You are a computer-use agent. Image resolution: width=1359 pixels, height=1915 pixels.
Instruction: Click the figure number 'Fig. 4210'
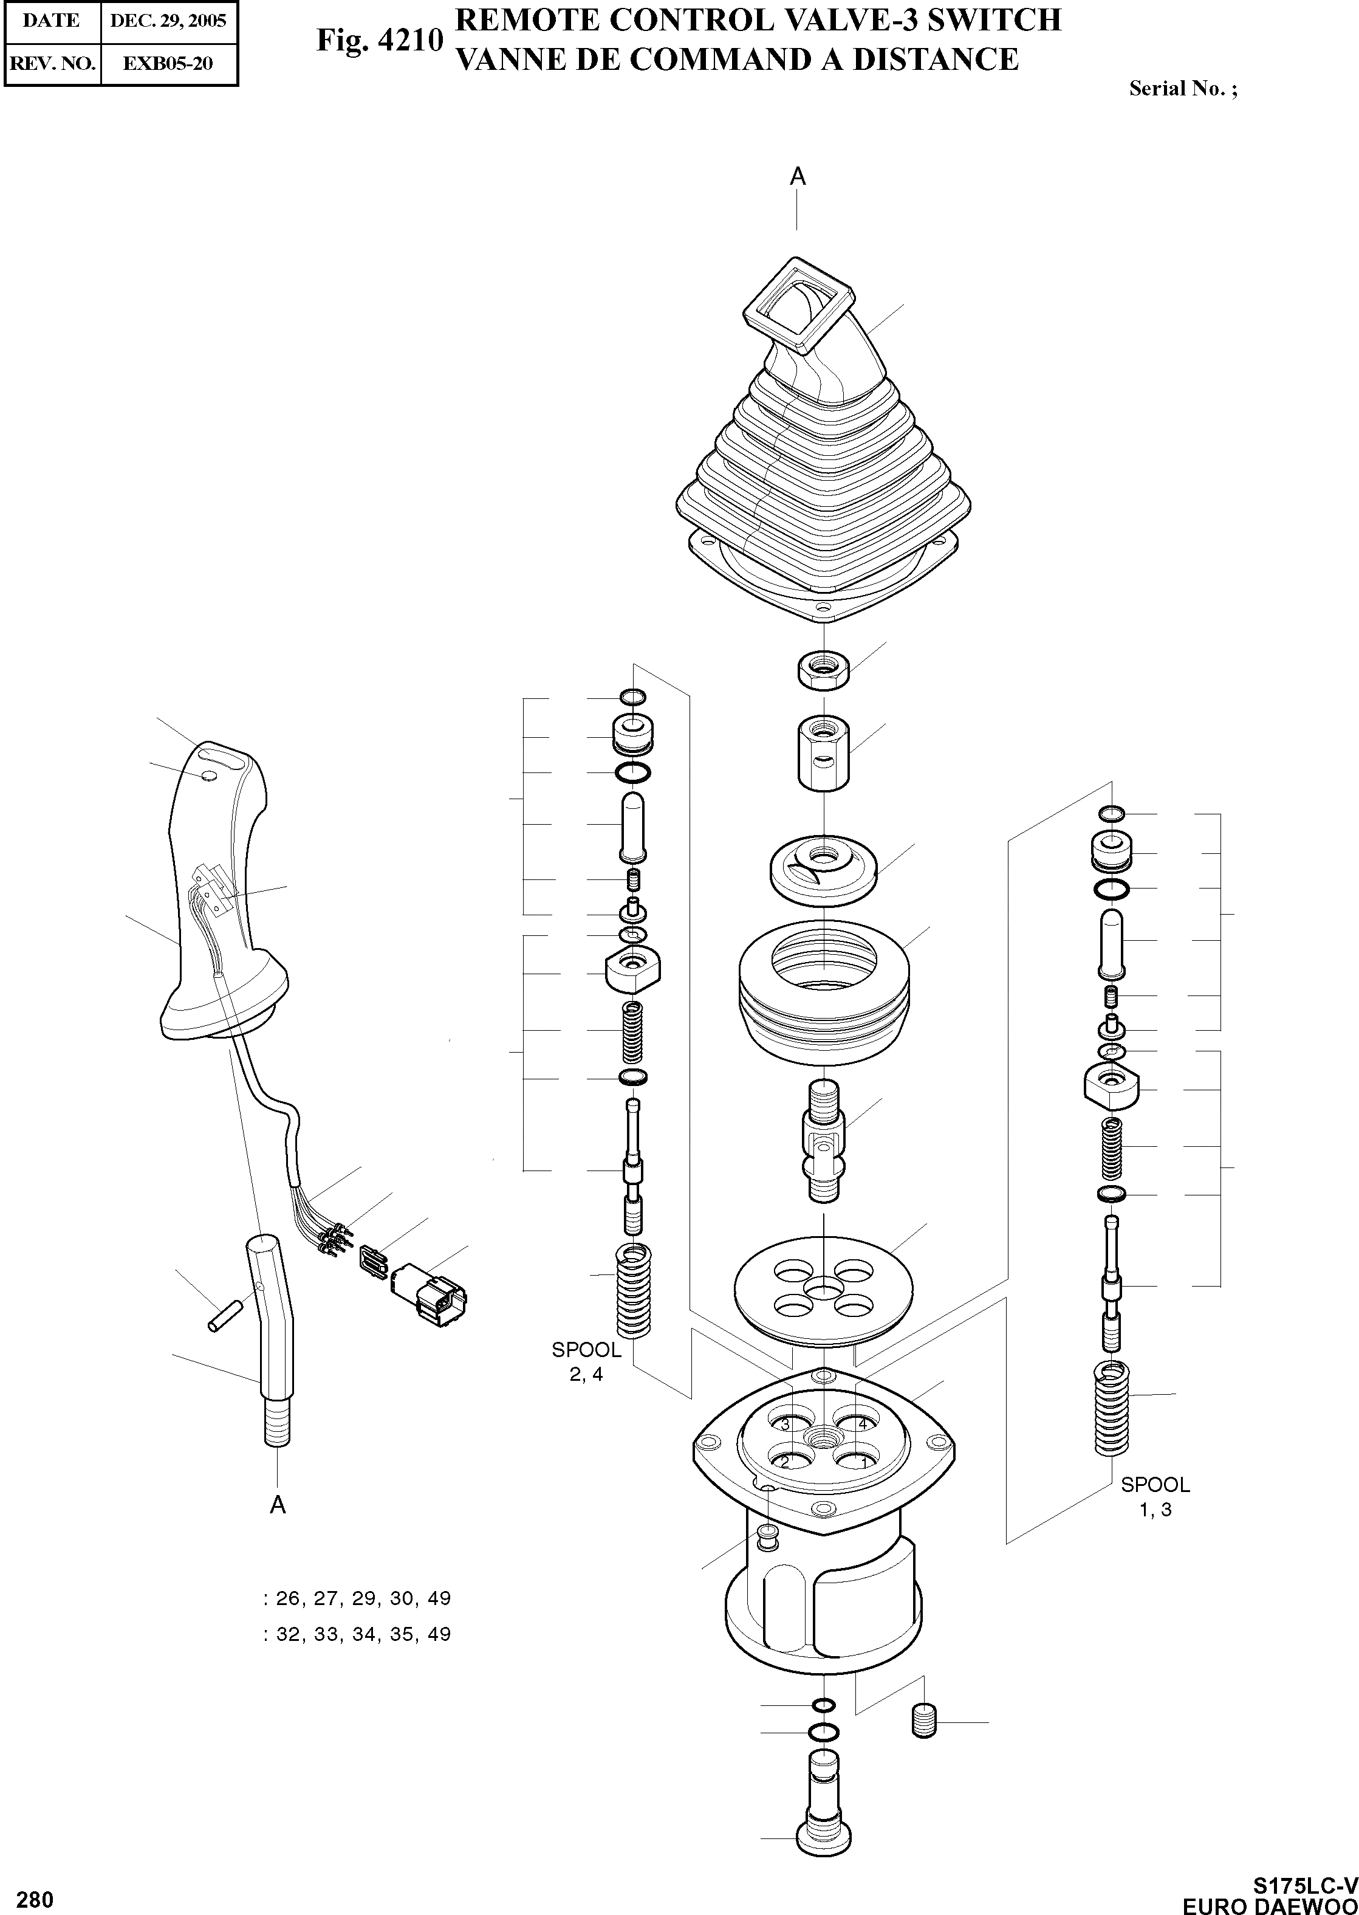[x=379, y=40]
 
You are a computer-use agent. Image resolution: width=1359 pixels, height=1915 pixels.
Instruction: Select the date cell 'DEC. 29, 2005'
[x=168, y=21]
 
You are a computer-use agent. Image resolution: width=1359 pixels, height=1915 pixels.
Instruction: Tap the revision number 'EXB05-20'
[x=168, y=63]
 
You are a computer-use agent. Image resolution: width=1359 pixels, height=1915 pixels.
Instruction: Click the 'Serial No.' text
[x=1182, y=89]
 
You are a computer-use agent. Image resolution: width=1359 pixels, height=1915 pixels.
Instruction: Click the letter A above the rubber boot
[x=798, y=177]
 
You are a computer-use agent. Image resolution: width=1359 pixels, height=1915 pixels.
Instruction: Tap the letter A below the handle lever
[x=278, y=1505]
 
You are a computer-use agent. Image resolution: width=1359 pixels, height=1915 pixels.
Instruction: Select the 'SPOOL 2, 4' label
[x=586, y=1362]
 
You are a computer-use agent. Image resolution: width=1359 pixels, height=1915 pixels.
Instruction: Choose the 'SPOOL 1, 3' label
[x=1155, y=1496]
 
